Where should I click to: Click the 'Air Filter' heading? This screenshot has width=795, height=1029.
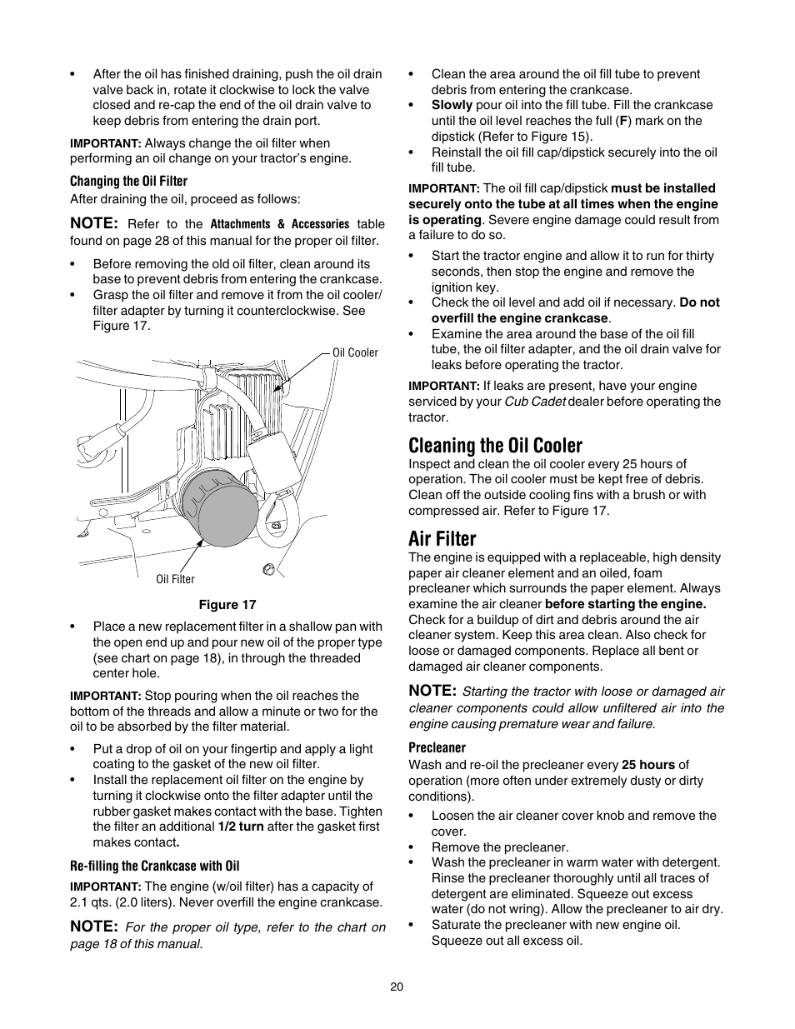pos(442,538)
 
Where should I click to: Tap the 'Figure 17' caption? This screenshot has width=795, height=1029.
pos(227,605)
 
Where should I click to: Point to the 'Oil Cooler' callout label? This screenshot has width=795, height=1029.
pos(355,352)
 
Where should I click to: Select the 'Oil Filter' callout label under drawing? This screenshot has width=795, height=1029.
pos(175,579)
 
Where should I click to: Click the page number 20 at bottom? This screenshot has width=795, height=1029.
pos(397,987)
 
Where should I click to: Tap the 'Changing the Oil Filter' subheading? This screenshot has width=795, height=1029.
pos(128,181)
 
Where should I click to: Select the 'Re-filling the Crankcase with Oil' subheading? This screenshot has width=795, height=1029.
pos(154,866)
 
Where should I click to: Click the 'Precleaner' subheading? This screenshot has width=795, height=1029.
pos(437,747)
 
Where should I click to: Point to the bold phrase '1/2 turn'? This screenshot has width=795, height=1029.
pos(241,827)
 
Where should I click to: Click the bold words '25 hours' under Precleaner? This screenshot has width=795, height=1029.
pos(647,765)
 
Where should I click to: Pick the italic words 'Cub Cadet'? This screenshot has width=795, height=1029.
pos(534,402)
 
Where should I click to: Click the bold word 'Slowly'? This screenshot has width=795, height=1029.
pos(452,105)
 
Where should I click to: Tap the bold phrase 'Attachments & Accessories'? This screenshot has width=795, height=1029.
pos(279,224)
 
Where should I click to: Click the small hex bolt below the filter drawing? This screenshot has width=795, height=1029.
pos(268,569)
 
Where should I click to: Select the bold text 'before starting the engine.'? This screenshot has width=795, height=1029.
pos(625,604)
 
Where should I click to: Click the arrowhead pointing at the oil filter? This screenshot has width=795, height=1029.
pos(200,541)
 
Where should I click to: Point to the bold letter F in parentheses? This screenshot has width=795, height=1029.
pos(622,121)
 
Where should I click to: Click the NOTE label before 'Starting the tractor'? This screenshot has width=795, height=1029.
pos(432,691)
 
